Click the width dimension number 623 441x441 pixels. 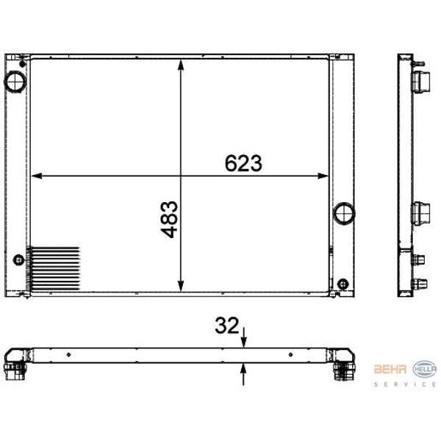pos(243,163)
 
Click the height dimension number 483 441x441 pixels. pos(169,219)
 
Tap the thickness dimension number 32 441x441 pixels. pos(226,326)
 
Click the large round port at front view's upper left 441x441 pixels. pos(15,82)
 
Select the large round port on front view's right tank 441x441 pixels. pos(344,213)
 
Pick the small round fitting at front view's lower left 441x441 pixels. pos(19,260)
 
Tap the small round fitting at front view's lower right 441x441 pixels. pos(343,284)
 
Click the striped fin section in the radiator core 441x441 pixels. pos(53,268)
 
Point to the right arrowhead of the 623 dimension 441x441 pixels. pos(323,176)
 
